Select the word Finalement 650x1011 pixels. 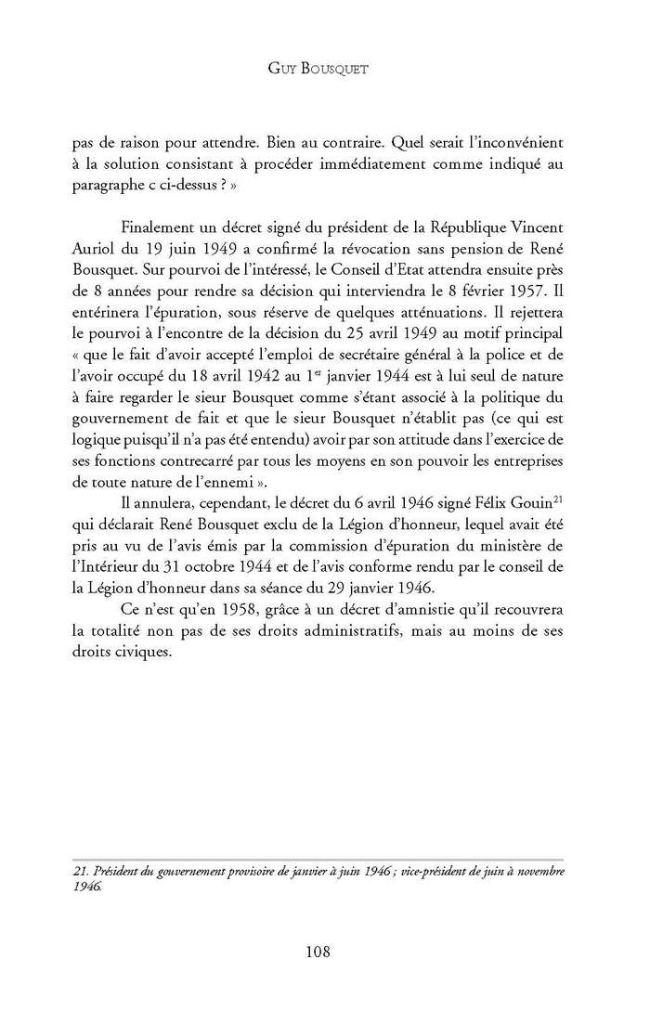pyautogui.click(x=162, y=229)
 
